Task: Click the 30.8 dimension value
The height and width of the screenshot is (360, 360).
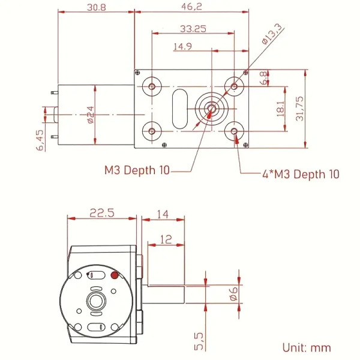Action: [97, 8]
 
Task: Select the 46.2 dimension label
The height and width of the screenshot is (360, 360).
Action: [191, 7]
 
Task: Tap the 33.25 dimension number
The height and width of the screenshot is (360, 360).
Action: [193, 29]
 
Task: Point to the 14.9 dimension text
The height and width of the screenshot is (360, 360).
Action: [182, 47]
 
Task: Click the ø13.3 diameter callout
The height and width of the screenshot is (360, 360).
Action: [272, 34]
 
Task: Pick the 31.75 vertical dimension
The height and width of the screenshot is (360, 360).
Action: [299, 109]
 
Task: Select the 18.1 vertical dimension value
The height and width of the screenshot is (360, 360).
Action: [281, 109]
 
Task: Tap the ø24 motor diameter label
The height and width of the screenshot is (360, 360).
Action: [91, 115]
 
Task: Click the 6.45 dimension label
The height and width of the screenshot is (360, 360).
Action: [40, 140]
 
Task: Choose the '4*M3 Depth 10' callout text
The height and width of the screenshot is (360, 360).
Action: [301, 174]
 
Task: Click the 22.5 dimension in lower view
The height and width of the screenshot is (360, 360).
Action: [102, 213]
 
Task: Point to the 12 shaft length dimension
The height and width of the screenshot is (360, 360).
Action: [166, 239]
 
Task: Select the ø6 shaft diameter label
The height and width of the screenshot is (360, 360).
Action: [233, 293]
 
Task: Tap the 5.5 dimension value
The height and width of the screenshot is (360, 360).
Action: [199, 341]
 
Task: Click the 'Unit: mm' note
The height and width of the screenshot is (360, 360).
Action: [307, 347]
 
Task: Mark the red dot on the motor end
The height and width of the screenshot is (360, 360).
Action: [115, 275]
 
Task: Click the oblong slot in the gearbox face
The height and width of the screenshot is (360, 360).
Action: [180, 109]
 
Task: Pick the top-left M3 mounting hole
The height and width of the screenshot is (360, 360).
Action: [152, 86]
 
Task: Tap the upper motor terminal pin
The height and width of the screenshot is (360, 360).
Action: [55, 92]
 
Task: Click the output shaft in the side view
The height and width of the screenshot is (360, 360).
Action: [164, 295]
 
